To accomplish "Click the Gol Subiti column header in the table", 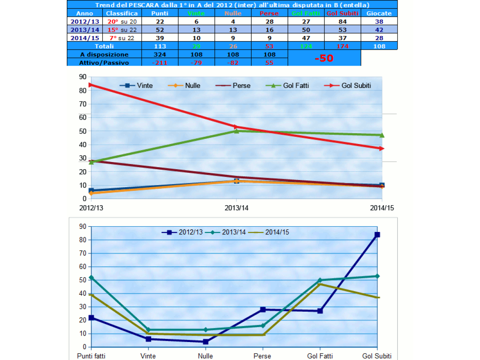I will pos(343,13).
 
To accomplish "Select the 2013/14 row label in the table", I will pos(84,30).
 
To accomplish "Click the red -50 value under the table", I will pos(324,58).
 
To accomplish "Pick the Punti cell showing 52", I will pos(160,30).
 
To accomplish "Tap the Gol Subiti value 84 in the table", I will pos(343,22).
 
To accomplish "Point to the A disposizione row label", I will pos(104,54).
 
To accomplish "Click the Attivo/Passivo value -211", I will pos(160,62).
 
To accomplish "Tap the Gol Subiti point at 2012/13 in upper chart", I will pos(91,84).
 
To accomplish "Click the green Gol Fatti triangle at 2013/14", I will pos(236,131).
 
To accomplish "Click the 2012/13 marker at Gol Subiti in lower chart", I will pos(377,235).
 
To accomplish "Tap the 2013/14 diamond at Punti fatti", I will pos(91,277).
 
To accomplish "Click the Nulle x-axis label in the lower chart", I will pos(206,356).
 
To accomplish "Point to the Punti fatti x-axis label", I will pos(91,356).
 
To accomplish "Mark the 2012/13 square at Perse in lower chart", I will pos(263,310).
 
